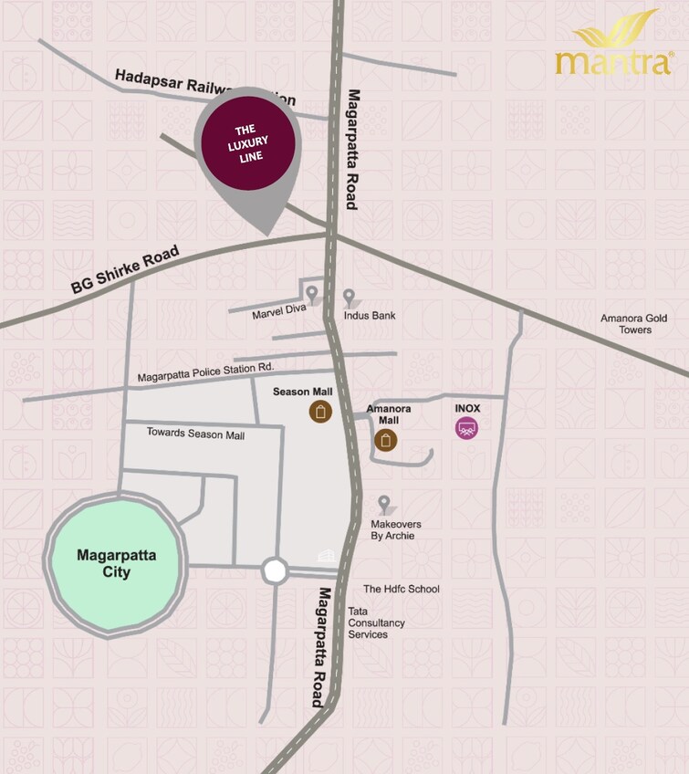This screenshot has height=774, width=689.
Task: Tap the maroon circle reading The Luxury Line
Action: [x=248, y=143]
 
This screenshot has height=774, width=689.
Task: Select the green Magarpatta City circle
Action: [x=116, y=564]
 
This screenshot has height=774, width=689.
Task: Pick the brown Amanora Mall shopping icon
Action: [x=386, y=441]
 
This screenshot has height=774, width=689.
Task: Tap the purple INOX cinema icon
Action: [x=466, y=428]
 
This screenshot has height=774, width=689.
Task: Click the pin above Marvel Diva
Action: [x=312, y=294]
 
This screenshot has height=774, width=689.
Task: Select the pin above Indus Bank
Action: [x=349, y=297]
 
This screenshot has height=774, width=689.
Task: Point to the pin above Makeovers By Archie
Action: [x=384, y=504]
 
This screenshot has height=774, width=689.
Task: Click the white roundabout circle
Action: [x=275, y=571]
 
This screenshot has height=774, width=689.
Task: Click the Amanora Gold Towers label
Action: [x=633, y=324]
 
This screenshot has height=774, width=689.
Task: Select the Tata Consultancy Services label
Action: [x=376, y=622]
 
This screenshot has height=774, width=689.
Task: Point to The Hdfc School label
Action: [x=402, y=589]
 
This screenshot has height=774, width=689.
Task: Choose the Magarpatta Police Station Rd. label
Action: [x=205, y=372]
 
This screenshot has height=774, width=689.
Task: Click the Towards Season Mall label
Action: [x=195, y=434]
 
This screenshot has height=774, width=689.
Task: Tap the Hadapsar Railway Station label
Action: [x=205, y=90]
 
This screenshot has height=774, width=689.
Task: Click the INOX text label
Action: [x=467, y=408]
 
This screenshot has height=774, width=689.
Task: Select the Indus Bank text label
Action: [x=370, y=316]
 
